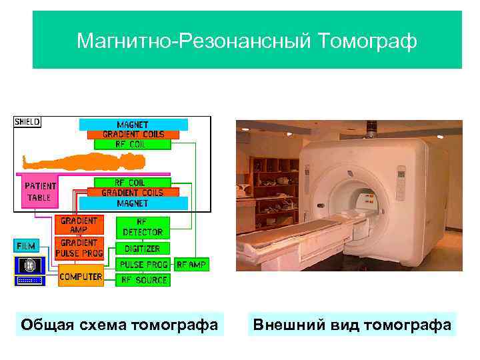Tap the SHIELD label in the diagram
tap(27, 122)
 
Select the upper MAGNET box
tap(133, 125)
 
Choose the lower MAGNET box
tap(133, 203)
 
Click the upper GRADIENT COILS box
tap(133, 134)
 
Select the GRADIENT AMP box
tap(79, 225)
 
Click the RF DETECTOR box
tap(143, 227)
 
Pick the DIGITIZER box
tap(143, 249)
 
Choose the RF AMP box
tap(191, 265)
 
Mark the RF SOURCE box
tap(143, 280)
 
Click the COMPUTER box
tap(81, 276)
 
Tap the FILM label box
tap(27, 245)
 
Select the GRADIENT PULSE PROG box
tap(79, 248)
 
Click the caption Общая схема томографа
tap(119, 325)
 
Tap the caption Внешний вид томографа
tap(352, 325)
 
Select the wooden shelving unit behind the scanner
tap(270, 180)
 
